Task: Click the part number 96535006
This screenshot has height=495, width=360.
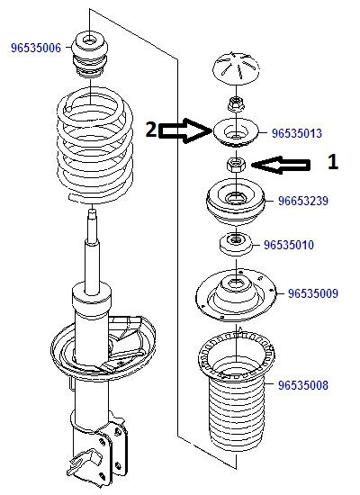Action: coord(36,48)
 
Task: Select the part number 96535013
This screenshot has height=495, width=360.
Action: coord(297,133)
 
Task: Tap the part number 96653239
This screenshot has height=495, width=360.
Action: coord(303,201)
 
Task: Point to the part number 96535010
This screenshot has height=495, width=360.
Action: coord(289,245)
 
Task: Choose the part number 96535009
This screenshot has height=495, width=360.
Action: coord(313,293)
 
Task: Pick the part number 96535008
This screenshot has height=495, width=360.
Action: coord(303,385)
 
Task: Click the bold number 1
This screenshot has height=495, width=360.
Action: coord(333,162)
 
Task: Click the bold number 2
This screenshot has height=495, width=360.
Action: coord(151,130)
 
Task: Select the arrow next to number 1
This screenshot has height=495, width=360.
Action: coord(281,165)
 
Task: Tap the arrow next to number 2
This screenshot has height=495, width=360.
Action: coord(185,130)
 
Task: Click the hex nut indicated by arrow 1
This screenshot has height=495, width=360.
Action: coord(236,165)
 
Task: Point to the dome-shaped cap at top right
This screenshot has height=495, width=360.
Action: coord(236,68)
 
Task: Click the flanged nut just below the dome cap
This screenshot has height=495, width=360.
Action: coord(236,103)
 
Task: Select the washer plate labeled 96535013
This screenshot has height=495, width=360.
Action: coord(236,132)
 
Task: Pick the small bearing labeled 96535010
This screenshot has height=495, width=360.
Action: coord(236,244)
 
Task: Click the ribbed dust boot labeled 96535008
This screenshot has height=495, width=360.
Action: coord(236,391)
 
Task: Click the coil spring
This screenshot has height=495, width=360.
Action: coord(94,145)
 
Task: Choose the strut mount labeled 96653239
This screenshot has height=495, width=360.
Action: coord(236,202)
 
